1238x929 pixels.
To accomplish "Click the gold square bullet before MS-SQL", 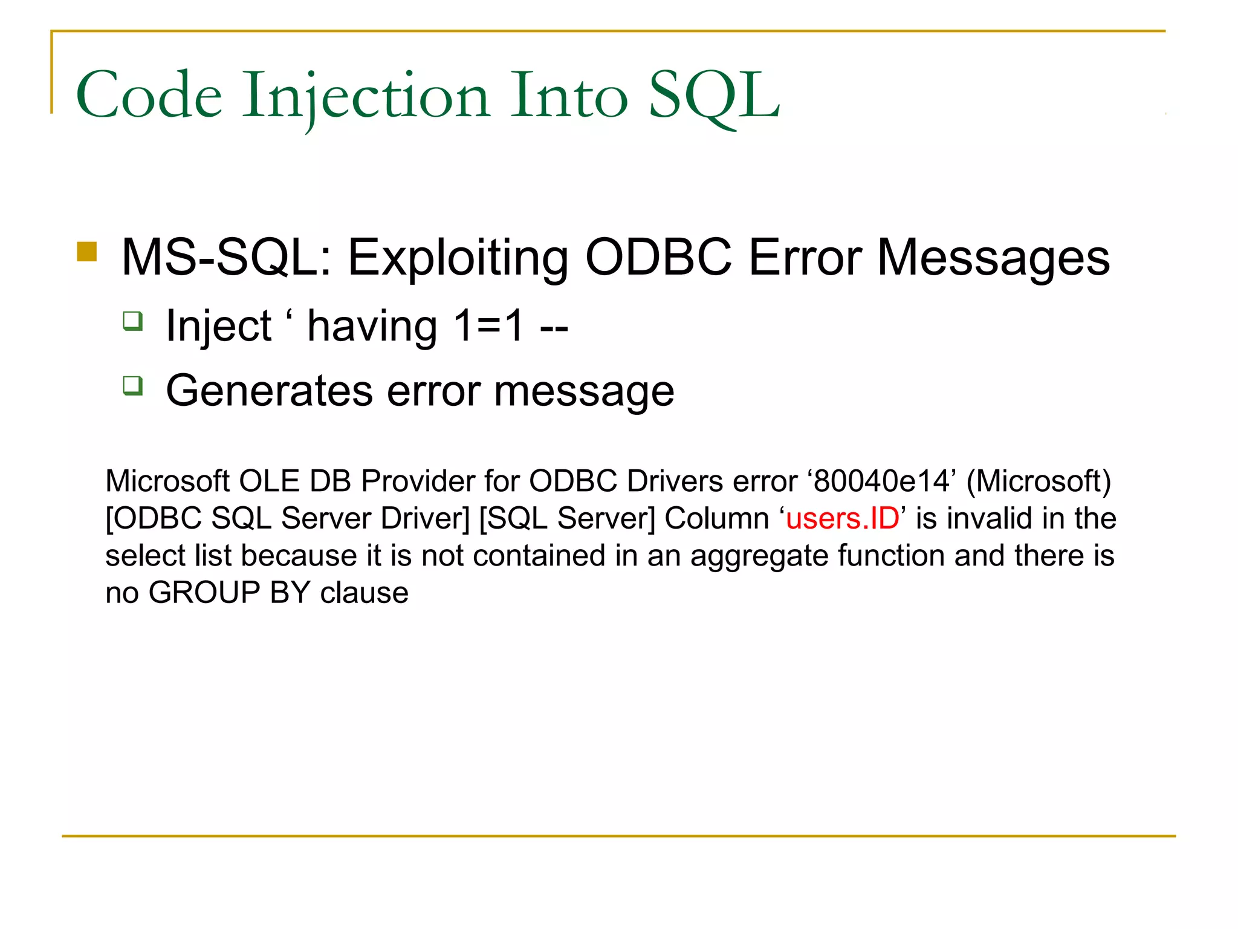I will pos(87,252).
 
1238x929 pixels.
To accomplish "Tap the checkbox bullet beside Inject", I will pos(132,321).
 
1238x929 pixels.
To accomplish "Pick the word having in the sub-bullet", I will pos(372,327).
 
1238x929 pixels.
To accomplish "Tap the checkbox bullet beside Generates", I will pos(132,385).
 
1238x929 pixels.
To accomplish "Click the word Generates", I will pos(269,391).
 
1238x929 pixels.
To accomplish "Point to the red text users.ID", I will pos(842,519).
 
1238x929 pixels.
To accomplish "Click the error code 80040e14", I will pos(882,481).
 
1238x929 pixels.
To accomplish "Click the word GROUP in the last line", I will pos(204,593).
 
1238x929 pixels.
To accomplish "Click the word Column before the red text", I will pos(716,519).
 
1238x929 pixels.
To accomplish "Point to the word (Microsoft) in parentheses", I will pos(1039,481).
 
